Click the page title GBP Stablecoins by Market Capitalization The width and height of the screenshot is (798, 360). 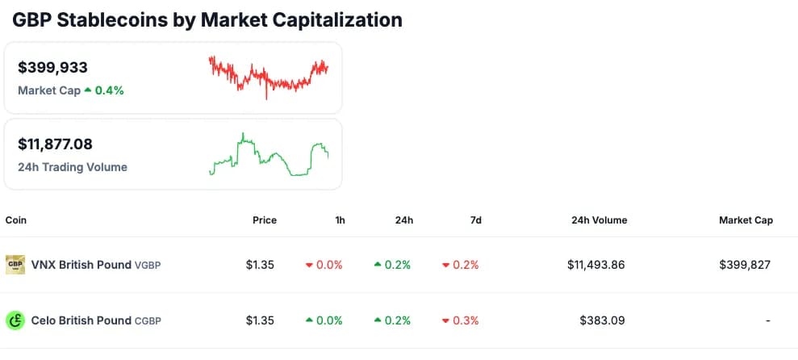coord(207,19)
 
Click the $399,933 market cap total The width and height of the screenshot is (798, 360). coord(52,68)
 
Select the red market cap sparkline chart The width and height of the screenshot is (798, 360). coord(268,77)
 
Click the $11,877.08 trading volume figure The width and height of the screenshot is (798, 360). coord(55,144)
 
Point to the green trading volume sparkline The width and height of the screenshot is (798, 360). coord(268,155)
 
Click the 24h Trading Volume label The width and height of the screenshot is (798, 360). coord(73,167)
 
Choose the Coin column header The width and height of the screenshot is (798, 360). coord(16,220)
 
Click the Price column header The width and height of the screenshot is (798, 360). coord(264,220)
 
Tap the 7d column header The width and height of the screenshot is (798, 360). coord(474,220)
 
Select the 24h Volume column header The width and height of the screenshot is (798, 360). coord(599,220)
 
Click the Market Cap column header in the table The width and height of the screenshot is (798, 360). coord(746,220)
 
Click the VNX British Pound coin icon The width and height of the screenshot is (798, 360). coord(15,264)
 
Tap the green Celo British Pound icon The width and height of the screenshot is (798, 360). coord(15,320)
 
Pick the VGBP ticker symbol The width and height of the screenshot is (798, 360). coord(148,265)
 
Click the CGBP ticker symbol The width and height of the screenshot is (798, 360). coord(148,321)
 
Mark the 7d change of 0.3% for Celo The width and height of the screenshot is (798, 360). coord(461,320)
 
